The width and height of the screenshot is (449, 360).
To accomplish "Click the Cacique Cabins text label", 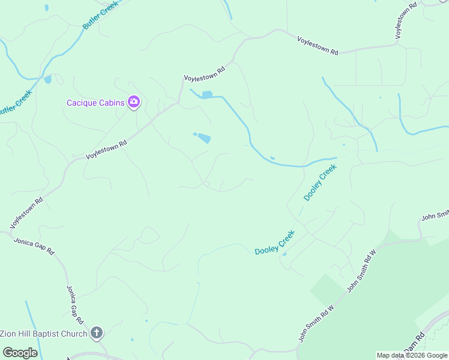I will coord(95,103).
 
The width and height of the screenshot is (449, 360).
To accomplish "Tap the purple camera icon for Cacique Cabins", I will coord(134,102).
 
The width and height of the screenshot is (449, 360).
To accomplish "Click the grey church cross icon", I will coord(97,333).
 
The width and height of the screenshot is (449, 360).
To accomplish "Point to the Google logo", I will coord(20,353).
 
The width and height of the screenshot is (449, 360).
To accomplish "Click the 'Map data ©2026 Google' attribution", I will coord(412,355).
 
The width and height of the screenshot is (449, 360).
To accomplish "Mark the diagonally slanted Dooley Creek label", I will coord(320,182).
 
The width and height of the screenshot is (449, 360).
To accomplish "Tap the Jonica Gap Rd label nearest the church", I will coord(74,304).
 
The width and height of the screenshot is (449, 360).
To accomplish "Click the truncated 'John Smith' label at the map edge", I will coord(435,216).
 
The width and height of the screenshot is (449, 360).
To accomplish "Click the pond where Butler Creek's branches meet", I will coord(47,79).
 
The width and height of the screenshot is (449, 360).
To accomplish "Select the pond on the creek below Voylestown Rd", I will coord(207,95).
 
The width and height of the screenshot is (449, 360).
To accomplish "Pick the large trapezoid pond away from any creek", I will coord(204,138).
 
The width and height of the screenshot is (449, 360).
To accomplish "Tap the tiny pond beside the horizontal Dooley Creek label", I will coord(284,254).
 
